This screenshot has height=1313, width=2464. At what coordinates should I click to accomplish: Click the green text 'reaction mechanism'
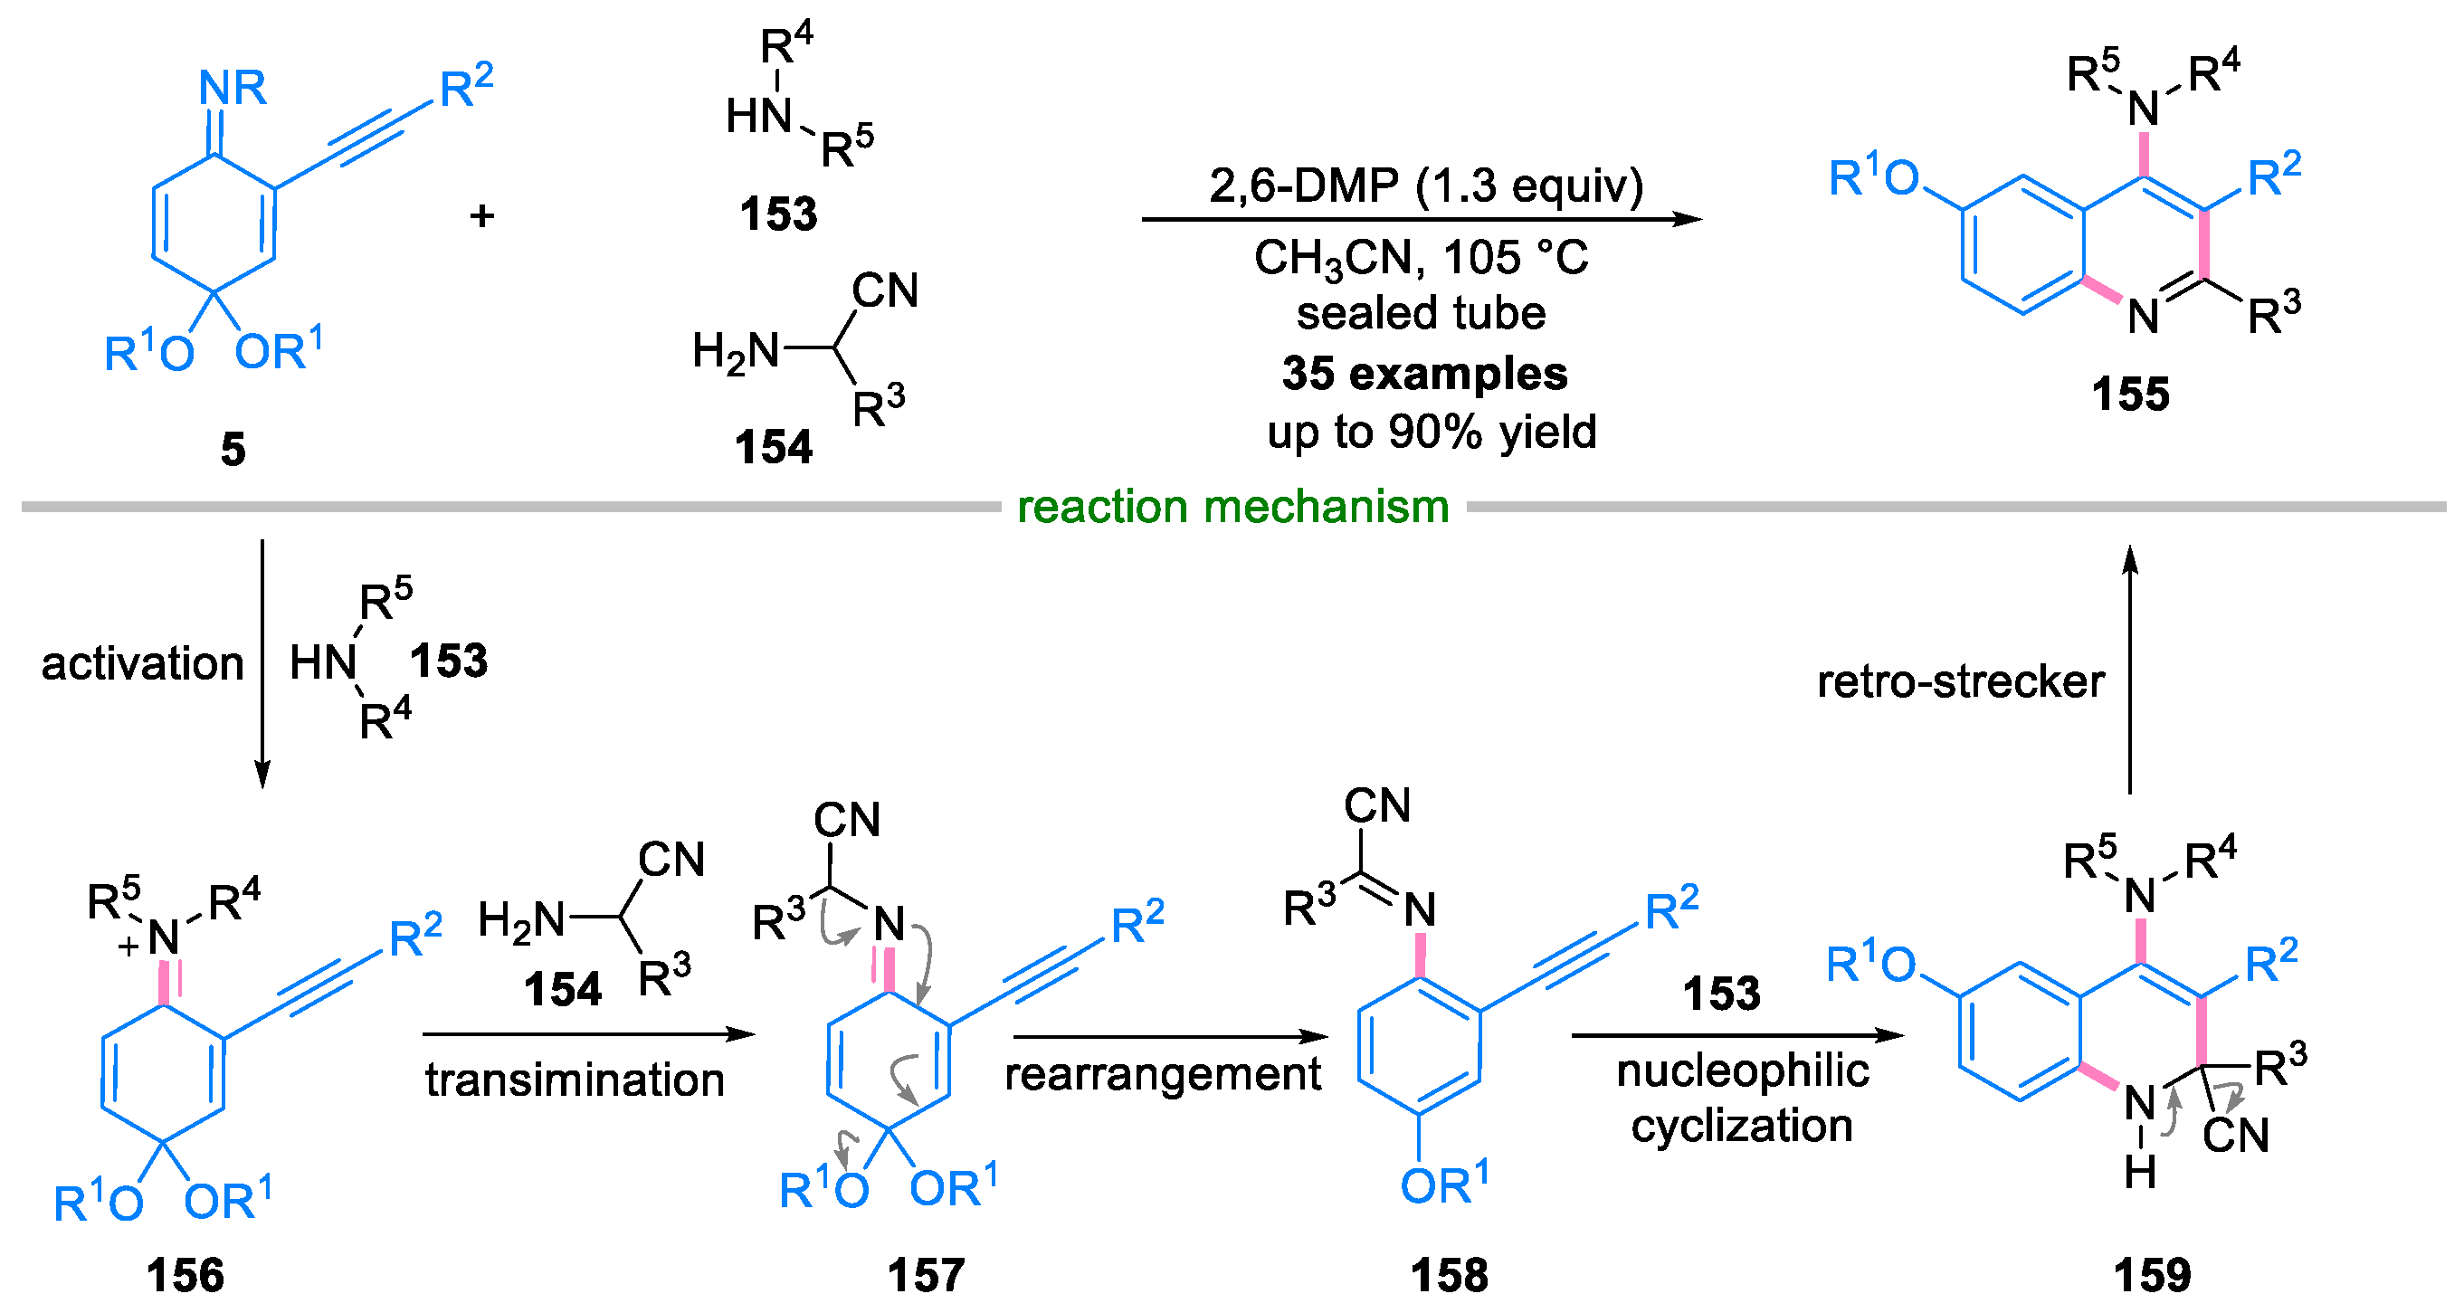(x=1232, y=506)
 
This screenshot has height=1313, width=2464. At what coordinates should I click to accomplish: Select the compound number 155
(x=2130, y=394)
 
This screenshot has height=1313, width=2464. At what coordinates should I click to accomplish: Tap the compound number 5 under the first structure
(x=233, y=449)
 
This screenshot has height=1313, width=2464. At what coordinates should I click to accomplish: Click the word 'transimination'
(x=575, y=1080)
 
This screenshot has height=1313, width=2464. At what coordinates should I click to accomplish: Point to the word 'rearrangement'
(x=1162, y=1074)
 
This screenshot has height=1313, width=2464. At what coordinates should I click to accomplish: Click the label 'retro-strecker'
(x=1960, y=680)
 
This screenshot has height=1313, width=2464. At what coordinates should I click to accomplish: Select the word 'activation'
(x=143, y=662)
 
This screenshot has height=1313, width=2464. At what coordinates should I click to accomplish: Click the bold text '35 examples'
(x=1424, y=373)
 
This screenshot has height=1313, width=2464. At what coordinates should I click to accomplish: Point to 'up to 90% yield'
(x=1431, y=432)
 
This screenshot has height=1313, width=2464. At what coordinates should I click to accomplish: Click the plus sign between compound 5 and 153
(x=482, y=215)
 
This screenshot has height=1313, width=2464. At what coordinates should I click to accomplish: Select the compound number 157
(x=926, y=1275)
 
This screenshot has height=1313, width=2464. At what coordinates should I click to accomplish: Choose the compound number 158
(x=1449, y=1275)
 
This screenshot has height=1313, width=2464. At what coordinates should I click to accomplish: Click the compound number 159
(x=2151, y=1275)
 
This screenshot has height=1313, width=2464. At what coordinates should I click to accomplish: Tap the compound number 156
(x=185, y=1275)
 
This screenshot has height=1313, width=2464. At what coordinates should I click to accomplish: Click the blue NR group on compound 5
(x=233, y=88)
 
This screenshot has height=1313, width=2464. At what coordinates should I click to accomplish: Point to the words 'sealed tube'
(x=1421, y=313)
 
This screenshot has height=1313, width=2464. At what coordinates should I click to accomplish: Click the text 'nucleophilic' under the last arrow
(x=1742, y=1070)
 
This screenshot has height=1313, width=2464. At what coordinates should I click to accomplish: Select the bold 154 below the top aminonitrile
(x=773, y=447)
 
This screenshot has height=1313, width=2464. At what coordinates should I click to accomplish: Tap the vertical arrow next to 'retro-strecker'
(x=2130, y=670)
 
